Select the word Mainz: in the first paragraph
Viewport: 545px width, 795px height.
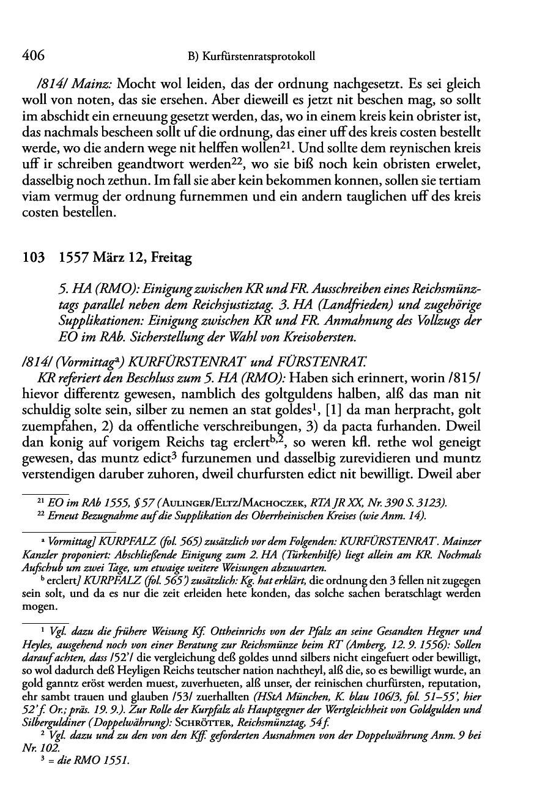[x=93, y=83]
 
